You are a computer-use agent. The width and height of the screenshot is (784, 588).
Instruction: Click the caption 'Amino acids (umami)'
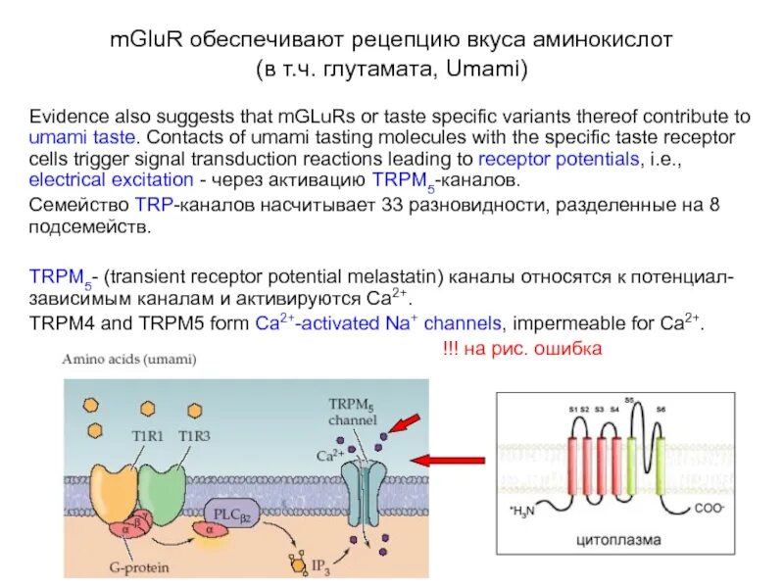click(129, 359)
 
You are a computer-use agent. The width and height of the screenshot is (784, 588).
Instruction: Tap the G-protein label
click(110, 562)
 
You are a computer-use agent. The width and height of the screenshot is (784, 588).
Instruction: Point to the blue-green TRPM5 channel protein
click(363, 487)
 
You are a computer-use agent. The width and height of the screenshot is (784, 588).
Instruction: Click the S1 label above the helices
click(572, 408)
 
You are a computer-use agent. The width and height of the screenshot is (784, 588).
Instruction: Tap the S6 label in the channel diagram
click(661, 408)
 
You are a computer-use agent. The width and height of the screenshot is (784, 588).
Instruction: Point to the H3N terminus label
click(521, 512)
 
